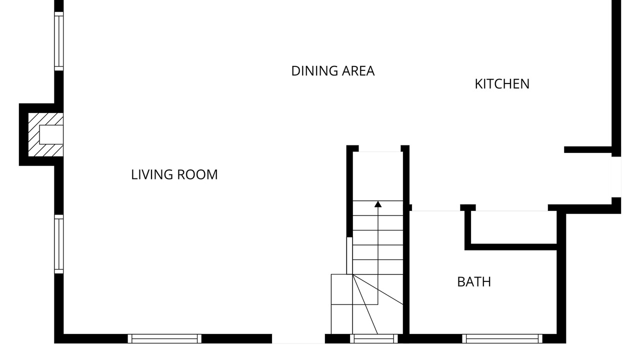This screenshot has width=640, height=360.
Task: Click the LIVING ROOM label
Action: pyautogui.click(x=174, y=174)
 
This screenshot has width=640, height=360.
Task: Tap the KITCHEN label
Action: pyautogui.click(x=502, y=84)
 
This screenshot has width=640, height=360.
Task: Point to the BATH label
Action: pyautogui.click(x=474, y=282)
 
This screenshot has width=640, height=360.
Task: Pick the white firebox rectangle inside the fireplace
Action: pyautogui.click(x=51, y=134)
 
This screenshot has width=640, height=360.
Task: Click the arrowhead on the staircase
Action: pyautogui.click(x=378, y=204)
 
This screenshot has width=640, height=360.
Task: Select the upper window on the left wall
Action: pyautogui.click(x=59, y=41)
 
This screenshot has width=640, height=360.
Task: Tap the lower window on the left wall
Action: pyautogui.click(x=59, y=244)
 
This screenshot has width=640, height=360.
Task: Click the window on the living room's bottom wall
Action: pyautogui.click(x=164, y=338)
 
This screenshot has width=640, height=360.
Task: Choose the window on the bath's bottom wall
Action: pyautogui.click(x=502, y=338)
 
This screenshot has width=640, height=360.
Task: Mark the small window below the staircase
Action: pyautogui.click(x=373, y=338)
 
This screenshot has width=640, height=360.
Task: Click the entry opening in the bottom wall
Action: pyautogui.click(x=298, y=339)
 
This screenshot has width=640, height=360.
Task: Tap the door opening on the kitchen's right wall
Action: pyautogui.click(x=616, y=177)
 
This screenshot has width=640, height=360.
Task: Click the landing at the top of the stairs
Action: pyautogui.click(x=378, y=176)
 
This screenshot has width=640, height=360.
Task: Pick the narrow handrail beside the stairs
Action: pyautogui.click(x=349, y=255)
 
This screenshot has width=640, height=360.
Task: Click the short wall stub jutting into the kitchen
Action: pyautogui.click(x=587, y=149)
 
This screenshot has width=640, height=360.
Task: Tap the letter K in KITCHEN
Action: pyautogui.click(x=478, y=84)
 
